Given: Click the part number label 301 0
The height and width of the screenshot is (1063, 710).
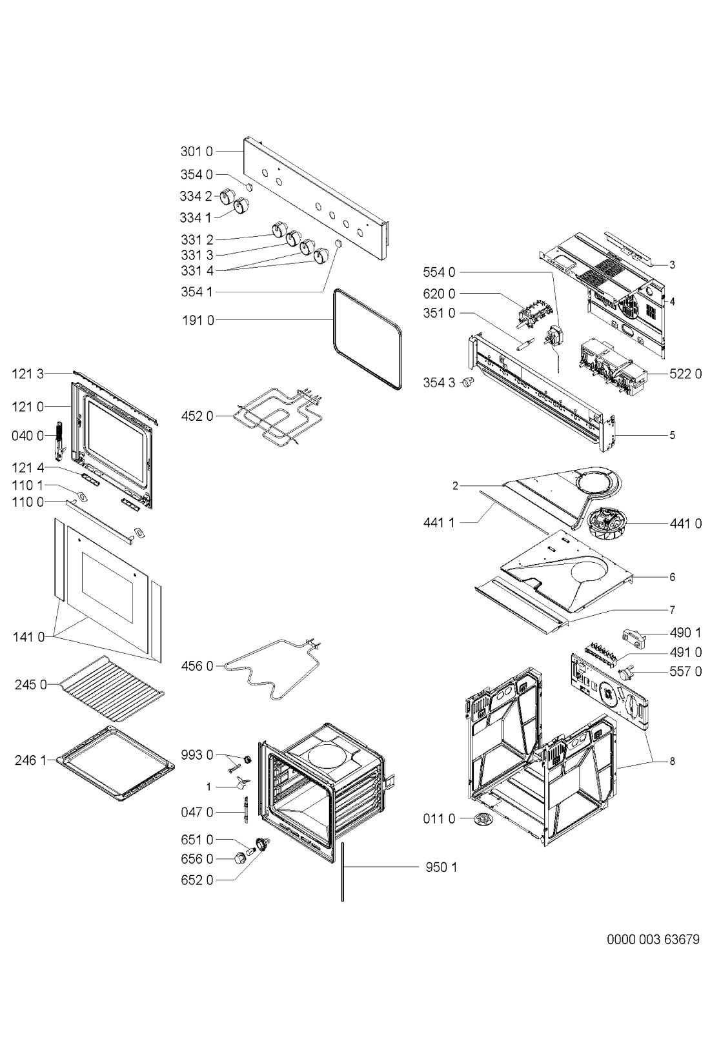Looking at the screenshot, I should [196, 152].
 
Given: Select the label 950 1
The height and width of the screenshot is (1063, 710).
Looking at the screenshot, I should [441, 867].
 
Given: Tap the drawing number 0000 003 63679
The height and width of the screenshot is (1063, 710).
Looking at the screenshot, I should [653, 939].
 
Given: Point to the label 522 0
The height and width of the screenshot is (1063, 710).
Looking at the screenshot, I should [685, 374].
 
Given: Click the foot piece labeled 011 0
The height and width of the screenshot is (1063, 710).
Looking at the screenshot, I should [482, 819].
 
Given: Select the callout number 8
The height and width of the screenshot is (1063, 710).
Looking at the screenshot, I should [672, 761].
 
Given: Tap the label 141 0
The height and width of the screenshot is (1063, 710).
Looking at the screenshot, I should [28, 637].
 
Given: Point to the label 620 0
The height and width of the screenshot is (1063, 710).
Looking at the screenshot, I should [439, 294].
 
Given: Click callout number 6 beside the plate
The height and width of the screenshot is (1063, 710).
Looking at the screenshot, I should [672, 576].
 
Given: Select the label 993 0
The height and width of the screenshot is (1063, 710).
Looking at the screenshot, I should [197, 754].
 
